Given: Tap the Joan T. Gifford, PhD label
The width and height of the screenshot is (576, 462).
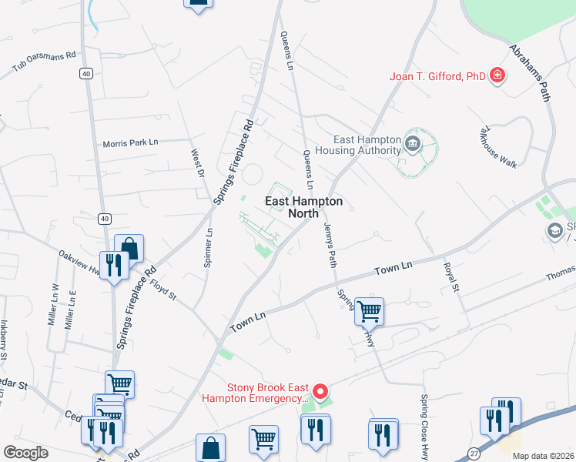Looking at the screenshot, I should [437, 76].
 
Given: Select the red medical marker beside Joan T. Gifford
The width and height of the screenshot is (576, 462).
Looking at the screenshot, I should [498, 75].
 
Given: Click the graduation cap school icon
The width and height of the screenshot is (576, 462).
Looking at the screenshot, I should [554, 230].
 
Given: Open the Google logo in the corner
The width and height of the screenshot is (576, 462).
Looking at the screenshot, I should [26, 453].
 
